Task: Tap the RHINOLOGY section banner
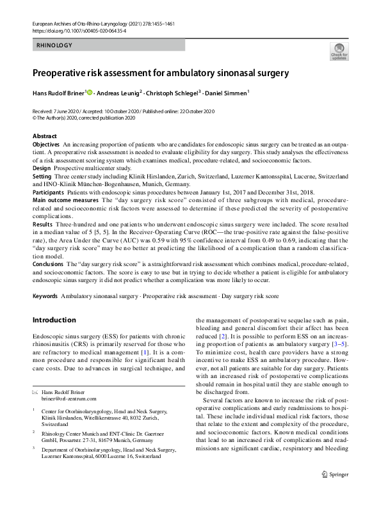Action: [54, 45]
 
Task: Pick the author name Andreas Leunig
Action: [120, 93]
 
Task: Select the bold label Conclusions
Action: [48, 264]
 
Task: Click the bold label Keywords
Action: [45, 297]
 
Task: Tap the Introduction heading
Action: [54, 320]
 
